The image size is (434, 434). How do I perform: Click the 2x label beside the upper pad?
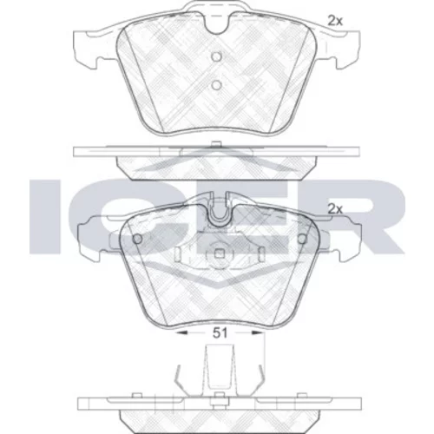pyautogui.click(x=335, y=21)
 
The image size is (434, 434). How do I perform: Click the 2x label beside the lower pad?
pyautogui.click(x=335, y=209)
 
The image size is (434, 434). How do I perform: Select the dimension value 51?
pyautogui.click(x=220, y=333)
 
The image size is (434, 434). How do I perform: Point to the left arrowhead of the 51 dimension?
pyautogui.click(x=181, y=333)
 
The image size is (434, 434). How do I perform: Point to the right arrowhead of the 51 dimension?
pyautogui.click(x=258, y=333)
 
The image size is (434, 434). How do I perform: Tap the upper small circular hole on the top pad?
pyautogui.click(x=216, y=56)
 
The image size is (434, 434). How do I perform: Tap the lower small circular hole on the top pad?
pyautogui.click(x=216, y=85)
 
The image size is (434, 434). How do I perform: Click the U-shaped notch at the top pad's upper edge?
pyautogui.click(x=216, y=23)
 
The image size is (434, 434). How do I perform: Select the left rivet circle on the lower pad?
pyautogui.click(x=137, y=239)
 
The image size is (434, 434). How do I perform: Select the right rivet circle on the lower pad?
pyautogui.click(x=302, y=239)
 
